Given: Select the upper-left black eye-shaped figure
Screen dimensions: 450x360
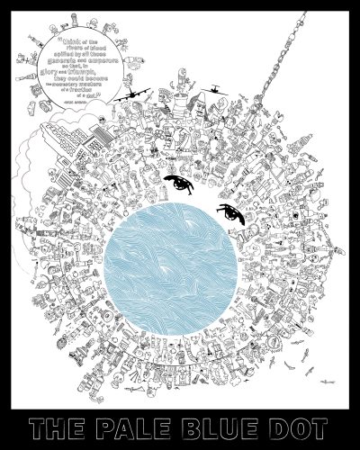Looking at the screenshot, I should (177, 186).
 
